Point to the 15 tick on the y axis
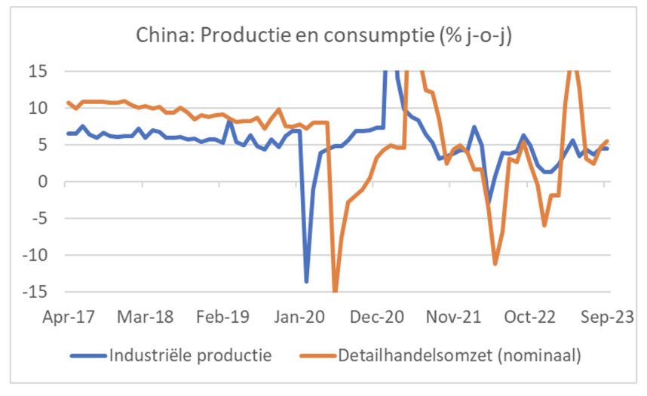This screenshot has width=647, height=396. click(37, 71)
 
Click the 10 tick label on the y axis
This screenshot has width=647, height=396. click(37, 108)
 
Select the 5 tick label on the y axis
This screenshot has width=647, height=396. click(41, 145)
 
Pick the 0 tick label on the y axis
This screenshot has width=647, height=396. click(41, 182)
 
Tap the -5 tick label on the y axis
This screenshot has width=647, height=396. click(38, 218)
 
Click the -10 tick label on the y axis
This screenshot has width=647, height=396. click(34, 255)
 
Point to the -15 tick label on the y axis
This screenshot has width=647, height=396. click(34, 292)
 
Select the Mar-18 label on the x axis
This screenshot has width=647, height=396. click(146, 316)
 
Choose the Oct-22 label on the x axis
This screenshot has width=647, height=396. click(529, 316)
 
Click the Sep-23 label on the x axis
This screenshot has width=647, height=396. click(606, 316)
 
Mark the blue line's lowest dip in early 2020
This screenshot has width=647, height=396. click(306, 281)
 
